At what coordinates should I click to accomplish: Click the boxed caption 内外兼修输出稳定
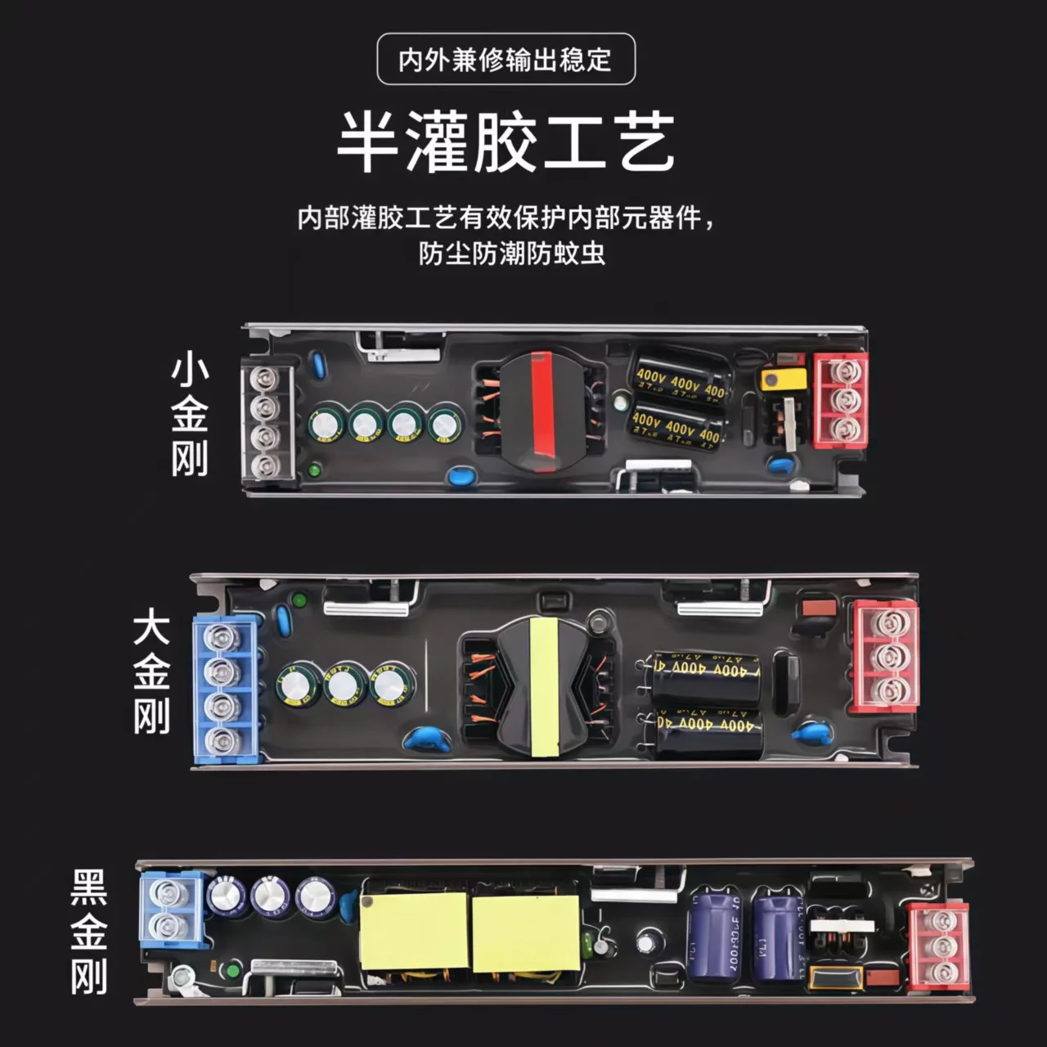pyautogui.click(x=506, y=59)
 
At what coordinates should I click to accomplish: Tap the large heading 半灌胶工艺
pyautogui.click(x=506, y=142)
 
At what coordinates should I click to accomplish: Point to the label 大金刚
pyautogui.click(x=151, y=674)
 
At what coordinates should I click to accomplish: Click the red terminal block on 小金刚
pyautogui.click(x=840, y=400)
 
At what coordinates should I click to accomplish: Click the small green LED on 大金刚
pyautogui.click(x=299, y=602)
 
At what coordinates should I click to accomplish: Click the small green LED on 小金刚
pyautogui.click(x=314, y=470)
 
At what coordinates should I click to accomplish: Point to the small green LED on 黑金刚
pyautogui.click(x=233, y=972)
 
